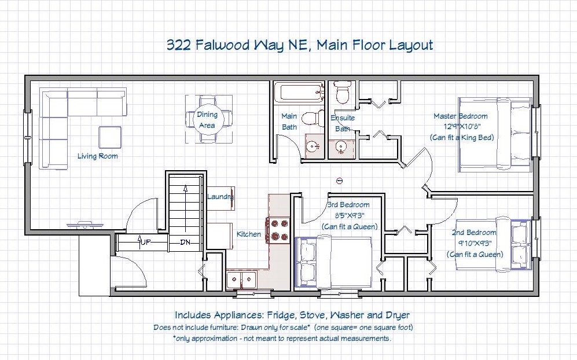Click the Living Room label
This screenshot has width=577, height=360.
tap(97, 156)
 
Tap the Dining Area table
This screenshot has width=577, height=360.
tap(207, 119)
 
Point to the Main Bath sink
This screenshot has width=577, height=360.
tap(314, 147)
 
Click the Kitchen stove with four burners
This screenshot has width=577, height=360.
tap(278, 230)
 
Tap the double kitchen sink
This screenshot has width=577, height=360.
tap(241, 281)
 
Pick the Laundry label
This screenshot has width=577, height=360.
tap(220, 197)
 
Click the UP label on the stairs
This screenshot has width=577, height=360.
tap(144, 242)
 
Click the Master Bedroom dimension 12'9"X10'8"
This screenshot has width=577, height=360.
tap(462, 127)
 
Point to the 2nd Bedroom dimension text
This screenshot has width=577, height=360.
tap(475, 243)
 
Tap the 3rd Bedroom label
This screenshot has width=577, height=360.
tap(348, 205)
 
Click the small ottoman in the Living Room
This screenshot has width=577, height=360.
tap(109, 137)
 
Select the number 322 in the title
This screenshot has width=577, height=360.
tap(179, 45)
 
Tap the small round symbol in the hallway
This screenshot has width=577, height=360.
tap(340, 181)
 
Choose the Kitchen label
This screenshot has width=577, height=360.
tap(249, 234)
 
